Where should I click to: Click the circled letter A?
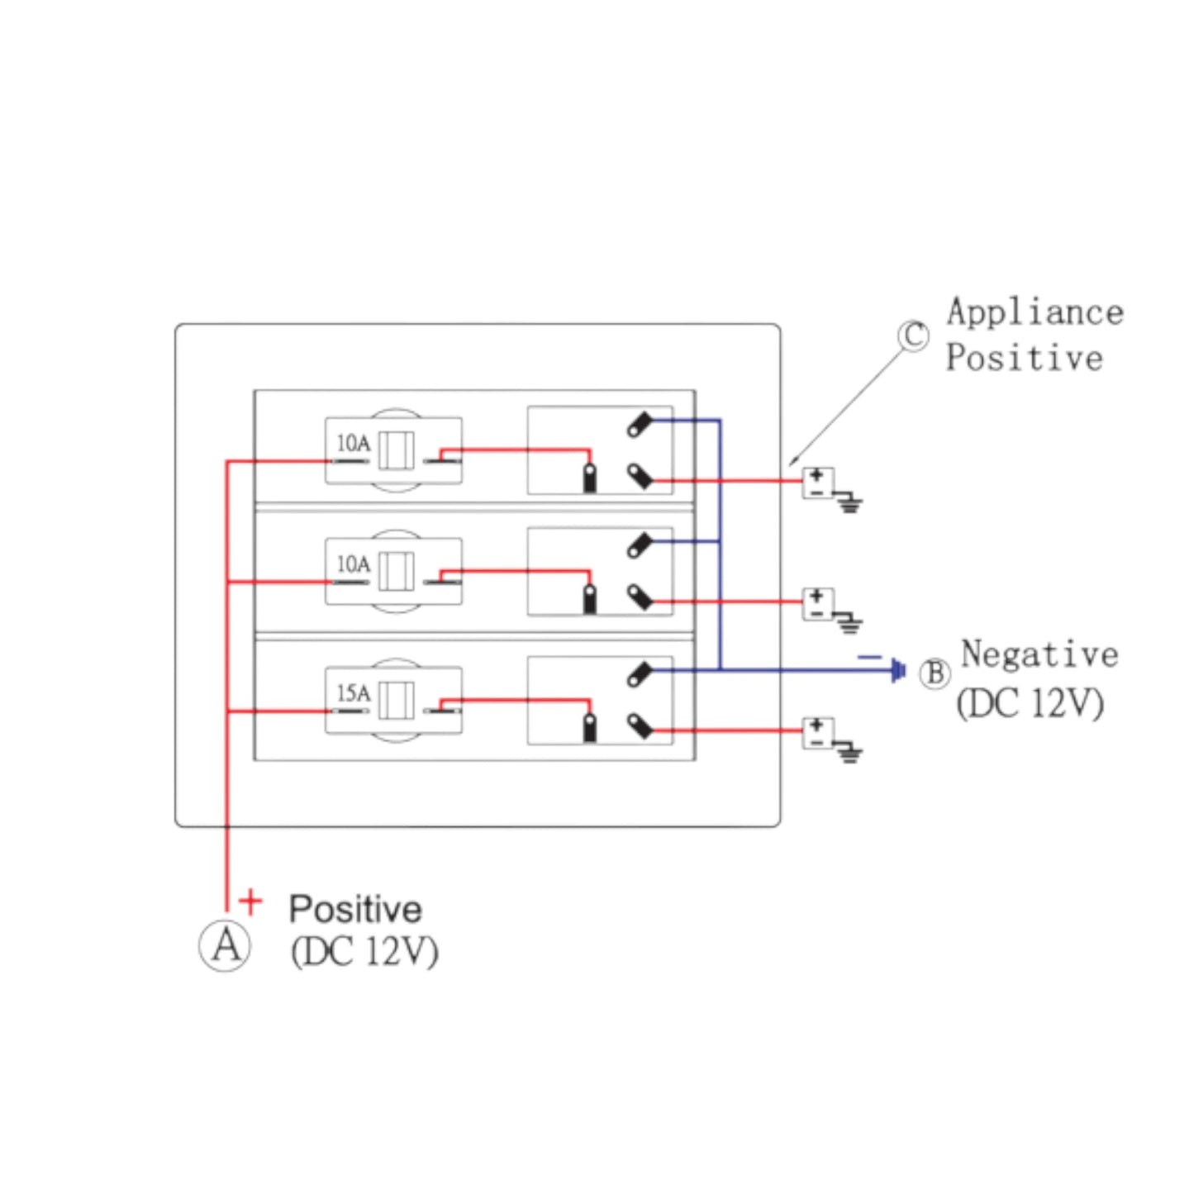[x=225, y=945]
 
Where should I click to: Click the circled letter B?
[x=935, y=673]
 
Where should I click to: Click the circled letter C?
[x=913, y=335]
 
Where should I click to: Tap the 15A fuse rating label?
[x=353, y=693]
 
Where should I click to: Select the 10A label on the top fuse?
[x=353, y=444]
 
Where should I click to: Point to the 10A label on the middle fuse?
[x=353, y=564]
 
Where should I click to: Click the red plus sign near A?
[x=250, y=901]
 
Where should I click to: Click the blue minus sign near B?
[x=869, y=658]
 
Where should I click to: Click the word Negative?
[x=1039, y=654]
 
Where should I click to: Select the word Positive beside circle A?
[x=355, y=909]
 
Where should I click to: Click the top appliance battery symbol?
[x=817, y=483]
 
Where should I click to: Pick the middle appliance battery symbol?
[x=817, y=603]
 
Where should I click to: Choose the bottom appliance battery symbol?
[x=817, y=732]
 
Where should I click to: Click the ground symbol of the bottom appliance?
[x=849, y=754]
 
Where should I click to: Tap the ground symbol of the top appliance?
[x=849, y=502]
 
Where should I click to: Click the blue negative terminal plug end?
[x=898, y=670]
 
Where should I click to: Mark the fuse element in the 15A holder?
[x=396, y=701]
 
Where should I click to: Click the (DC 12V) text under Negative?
[x=1030, y=704]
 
